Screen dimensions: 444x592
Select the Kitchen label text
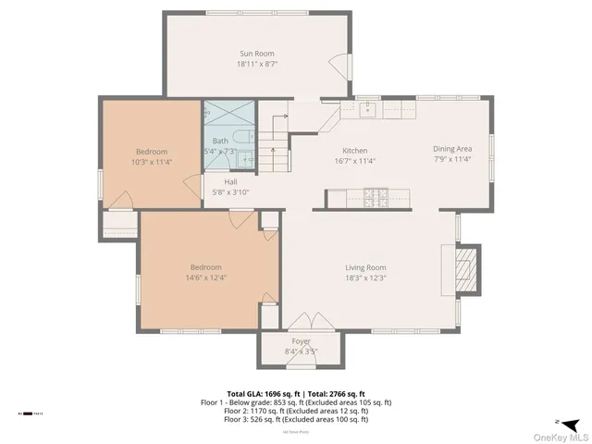click(x=355, y=150)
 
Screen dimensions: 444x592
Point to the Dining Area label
click(x=452, y=148)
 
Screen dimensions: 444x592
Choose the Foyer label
click(x=302, y=341)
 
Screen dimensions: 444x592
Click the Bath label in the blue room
click(x=220, y=141)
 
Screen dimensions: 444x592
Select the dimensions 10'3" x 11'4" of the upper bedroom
click(x=152, y=162)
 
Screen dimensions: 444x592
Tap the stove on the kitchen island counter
click(x=375, y=197)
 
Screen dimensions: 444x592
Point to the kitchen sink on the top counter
click(x=367, y=109)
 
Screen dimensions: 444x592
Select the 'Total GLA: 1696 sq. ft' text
click(x=261, y=393)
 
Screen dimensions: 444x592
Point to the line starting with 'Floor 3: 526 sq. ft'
click(x=296, y=419)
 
